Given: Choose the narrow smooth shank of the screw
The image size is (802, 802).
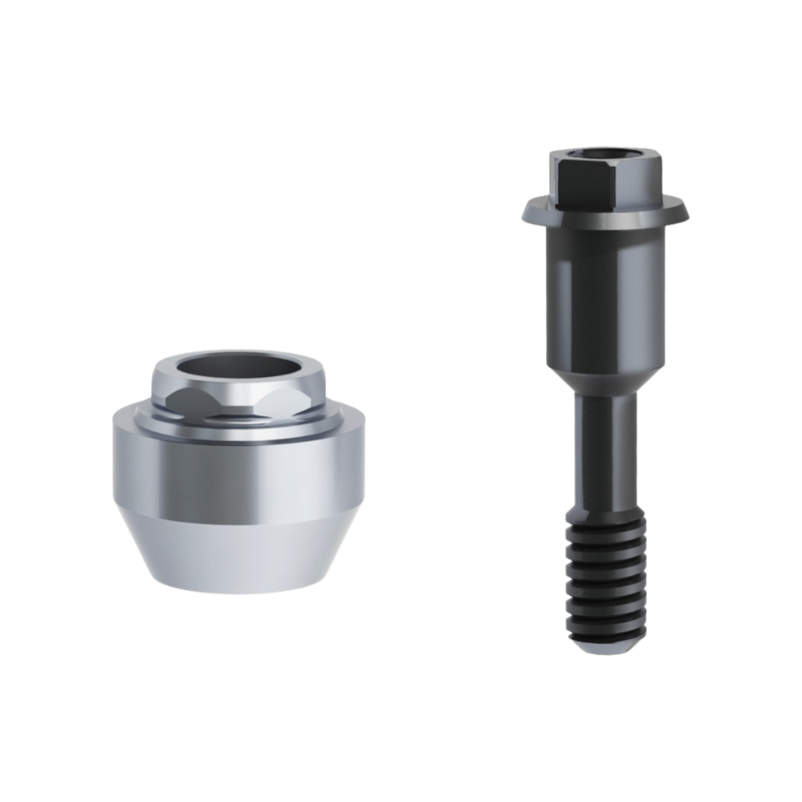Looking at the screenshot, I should point(606,457).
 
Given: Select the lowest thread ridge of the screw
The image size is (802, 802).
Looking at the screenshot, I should point(606,624).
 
